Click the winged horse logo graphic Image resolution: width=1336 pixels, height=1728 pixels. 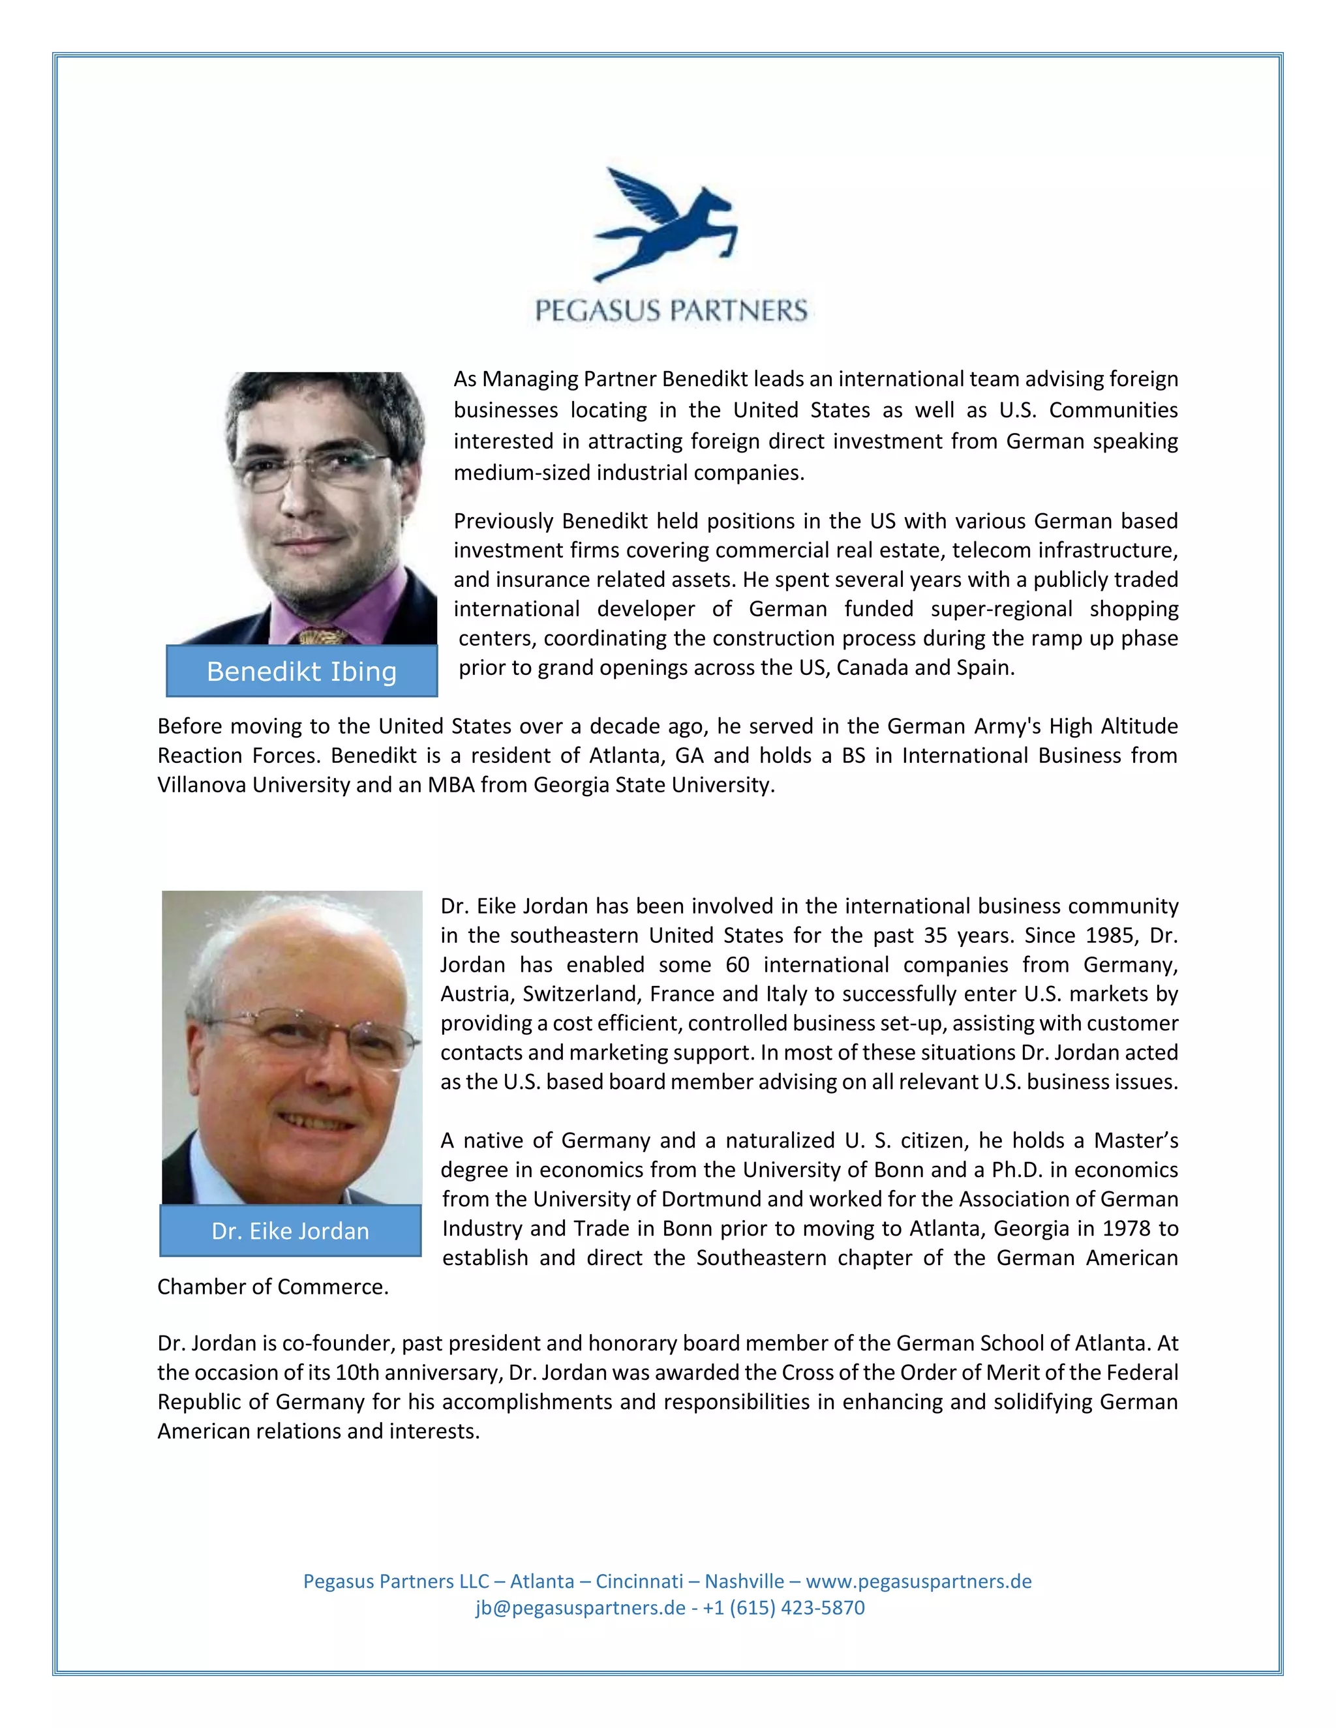[x=667, y=224]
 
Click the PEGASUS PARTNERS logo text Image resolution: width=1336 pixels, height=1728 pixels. [x=671, y=310]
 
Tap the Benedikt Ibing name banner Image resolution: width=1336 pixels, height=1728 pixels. [x=301, y=671]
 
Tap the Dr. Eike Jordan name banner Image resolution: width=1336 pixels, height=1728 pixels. [x=290, y=1231]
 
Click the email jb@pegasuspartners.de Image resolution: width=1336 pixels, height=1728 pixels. [x=580, y=1608]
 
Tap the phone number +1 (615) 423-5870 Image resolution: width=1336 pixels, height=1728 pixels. [x=783, y=1608]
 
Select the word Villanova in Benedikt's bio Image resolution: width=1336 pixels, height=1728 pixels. [x=202, y=785]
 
